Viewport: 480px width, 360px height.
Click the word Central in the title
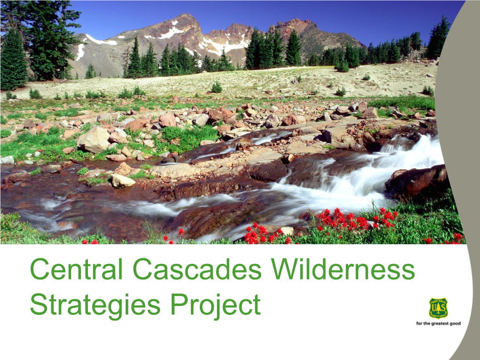click(x=76, y=269)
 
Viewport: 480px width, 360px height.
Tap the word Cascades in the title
click(x=198, y=269)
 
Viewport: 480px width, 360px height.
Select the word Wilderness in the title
click(x=343, y=269)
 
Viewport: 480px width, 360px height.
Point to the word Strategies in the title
click(x=95, y=304)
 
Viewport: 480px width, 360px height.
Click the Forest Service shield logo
click(x=439, y=308)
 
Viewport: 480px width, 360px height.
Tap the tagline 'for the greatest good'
click(x=439, y=323)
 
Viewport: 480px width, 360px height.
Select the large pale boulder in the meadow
click(x=93, y=140)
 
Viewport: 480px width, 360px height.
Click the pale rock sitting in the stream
click(x=122, y=181)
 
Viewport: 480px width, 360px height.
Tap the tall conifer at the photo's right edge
click(x=439, y=38)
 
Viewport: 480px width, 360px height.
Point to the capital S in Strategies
click(x=39, y=304)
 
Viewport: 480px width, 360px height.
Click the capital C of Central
click(x=40, y=269)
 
